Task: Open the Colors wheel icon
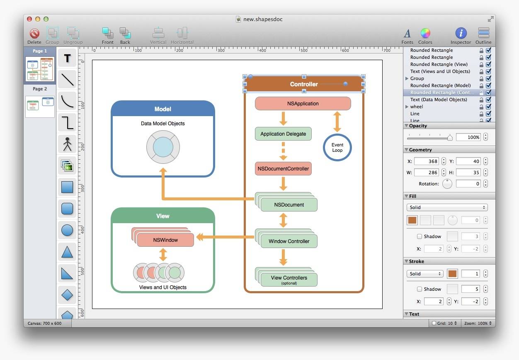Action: pyautogui.click(x=425, y=33)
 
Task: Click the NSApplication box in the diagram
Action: pyautogui.click(x=303, y=103)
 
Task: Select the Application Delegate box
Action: pyautogui.click(x=283, y=134)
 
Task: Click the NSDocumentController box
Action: pyautogui.click(x=283, y=168)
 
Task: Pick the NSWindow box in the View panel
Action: pyautogui.click(x=165, y=240)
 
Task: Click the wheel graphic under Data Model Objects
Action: pyautogui.click(x=163, y=147)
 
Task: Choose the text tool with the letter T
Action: pyautogui.click(x=67, y=58)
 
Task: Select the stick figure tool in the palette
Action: pyautogui.click(x=67, y=144)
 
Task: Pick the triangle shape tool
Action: pyautogui.click(x=67, y=252)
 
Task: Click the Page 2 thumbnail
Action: pyautogui.click(x=40, y=107)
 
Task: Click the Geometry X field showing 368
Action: pyautogui.click(x=426, y=161)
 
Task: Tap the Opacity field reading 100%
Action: pyautogui.click(x=468, y=137)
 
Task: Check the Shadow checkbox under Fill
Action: pyautogui.click(x=420, y=236)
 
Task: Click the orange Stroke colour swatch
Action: pyautogui.click(x=452, y=274)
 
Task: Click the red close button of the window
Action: pyautogui.click(x=29, y=19)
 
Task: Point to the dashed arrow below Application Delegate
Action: pyautogui.click(x=283, y=151)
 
